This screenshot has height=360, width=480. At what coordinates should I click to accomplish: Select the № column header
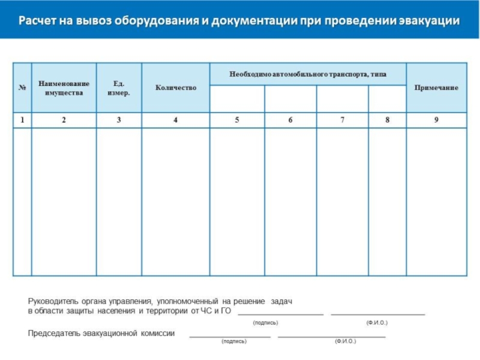[22, 88]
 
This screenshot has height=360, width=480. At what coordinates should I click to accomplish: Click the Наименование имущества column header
[64, 88]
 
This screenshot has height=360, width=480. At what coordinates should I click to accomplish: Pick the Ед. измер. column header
[119, 88]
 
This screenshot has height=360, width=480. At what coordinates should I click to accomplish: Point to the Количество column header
[176, 88]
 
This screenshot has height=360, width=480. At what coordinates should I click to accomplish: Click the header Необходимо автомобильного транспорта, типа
[308, 74]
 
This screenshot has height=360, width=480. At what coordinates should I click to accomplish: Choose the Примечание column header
[436, 88]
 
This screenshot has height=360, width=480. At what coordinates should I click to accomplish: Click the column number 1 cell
[22, 120]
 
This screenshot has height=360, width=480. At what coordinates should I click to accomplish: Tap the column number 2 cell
[64, 120]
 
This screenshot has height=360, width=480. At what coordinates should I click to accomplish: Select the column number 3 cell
[119, 120]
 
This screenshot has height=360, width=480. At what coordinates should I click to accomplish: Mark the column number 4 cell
[176, 120]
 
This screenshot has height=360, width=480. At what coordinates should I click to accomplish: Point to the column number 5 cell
[237, 120]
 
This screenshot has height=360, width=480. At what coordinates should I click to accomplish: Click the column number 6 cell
[290, 120]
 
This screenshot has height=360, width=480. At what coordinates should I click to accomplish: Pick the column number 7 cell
[343, 120]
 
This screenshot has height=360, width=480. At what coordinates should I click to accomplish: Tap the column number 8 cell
[388, 120]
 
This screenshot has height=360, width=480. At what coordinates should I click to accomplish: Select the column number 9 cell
[436, 120]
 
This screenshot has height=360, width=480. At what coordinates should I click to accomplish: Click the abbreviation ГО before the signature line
[226, 311]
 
